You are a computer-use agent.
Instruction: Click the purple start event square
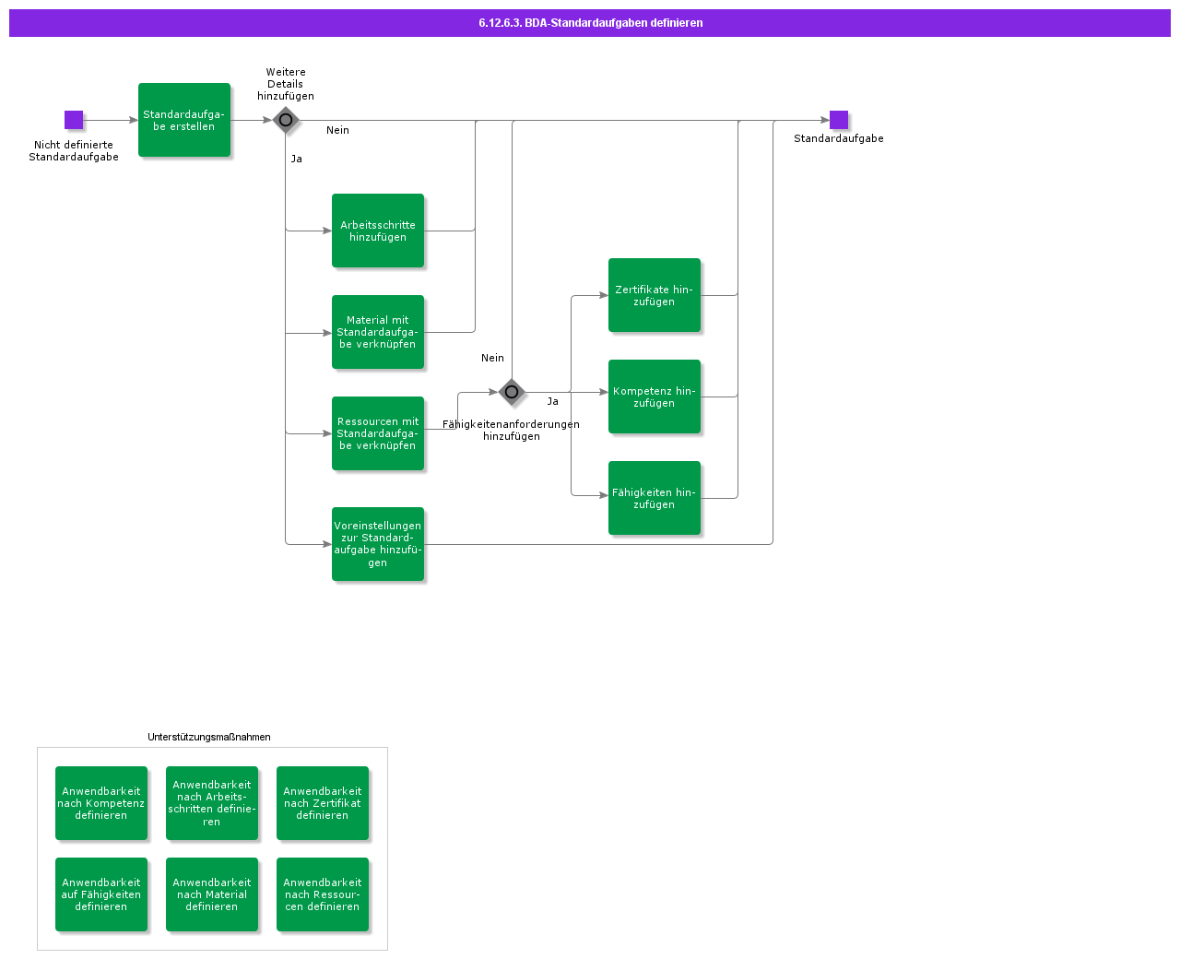pyautogui.click(x=74, y=120)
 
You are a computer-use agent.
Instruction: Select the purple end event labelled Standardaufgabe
pyautogui.click(x=838, y=120)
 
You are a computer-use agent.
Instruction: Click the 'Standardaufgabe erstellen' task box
pyautogui.click(x=184, y=120)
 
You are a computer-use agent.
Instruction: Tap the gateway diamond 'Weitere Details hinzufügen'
pyautogui.click(x=286, y=120)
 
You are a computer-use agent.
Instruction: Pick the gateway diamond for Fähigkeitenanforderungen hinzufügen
pyautogui.click(x=512, y=392)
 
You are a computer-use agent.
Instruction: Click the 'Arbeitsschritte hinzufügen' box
pyautogui.click(x=378, y=231)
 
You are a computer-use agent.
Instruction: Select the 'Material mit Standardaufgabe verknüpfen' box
pyautogui.click(x=378, y=332)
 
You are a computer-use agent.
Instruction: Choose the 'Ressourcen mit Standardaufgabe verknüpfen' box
pyautogui.click(x=378, y=433)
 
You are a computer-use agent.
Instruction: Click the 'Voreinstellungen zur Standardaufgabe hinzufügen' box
pyautogui.click(x=378, y=544)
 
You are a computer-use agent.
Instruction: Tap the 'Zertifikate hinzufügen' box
pyautogui.click(x=655, y=295)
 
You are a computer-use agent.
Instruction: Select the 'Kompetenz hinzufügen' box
pyautogui.click(x=655, y=397)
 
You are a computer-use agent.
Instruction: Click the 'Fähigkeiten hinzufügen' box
pyautogui.click(x=655, y=498)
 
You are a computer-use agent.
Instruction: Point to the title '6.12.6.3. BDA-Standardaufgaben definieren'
pyautogui.click(x=590, y=23)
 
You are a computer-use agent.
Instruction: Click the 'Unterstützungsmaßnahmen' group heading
pyautogui.click(x=209, y=737)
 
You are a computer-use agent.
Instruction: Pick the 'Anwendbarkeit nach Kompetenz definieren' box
pyautogui.click(x=101, y=803)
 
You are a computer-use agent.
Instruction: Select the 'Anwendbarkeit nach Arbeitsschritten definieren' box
pyautogui.click(x=212, y=803)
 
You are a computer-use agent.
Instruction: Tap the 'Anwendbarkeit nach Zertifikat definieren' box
pyautogui.click(x=323, y=803)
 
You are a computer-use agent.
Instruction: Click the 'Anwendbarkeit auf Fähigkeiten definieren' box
pyautogui.click(x=101, y=894)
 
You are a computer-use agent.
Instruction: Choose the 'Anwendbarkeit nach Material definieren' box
pyautogui.click(x=212, y=894)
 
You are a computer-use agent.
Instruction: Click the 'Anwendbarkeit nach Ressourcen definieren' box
pyautogui.click(x=323, y=894)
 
